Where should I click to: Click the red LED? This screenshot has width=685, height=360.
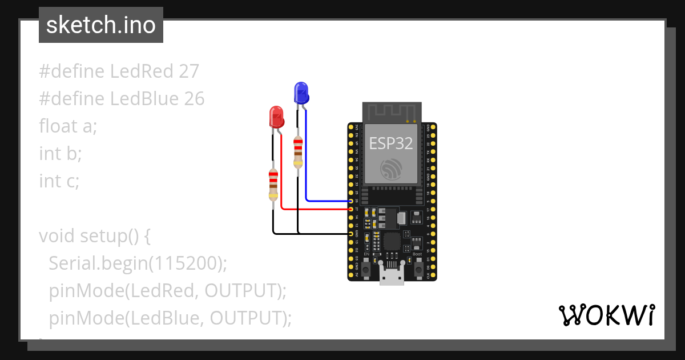pyautogui.click(x=276, y=117)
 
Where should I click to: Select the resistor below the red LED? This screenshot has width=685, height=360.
pyautogui.click(x=273, y=185)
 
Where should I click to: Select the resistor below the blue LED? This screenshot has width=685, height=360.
pyautogui.click(x=297, y=151)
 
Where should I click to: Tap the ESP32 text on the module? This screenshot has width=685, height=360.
pyautogui.click(x=391, y=143)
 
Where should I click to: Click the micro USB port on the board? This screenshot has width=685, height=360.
pyautogui.click(x=392, y=277)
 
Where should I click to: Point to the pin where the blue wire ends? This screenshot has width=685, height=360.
pyautogui.click(x=351, y=201)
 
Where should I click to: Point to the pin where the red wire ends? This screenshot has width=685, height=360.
pyautogui.click(x=351, y=210)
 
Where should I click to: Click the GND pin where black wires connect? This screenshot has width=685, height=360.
pyautogui.click(x=351, y=234)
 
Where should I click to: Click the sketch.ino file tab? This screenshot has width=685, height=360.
pyautogui.click(x=101, y=25)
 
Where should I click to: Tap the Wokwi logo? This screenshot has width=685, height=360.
pyautogui.click(x=606, y=315)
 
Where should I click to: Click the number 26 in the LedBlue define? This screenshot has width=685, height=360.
pyautogui.click(x=194, y=99)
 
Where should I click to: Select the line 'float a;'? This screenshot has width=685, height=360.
pyautogui.click(x=68, y=126)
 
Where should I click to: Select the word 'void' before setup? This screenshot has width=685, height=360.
pyautogui.click(x=57, y=235)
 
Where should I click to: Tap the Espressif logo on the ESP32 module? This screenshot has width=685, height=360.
pyautogui.click(x=392, y=168)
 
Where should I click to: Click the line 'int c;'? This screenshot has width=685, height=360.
pyautogui.click(x=59, y=181)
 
